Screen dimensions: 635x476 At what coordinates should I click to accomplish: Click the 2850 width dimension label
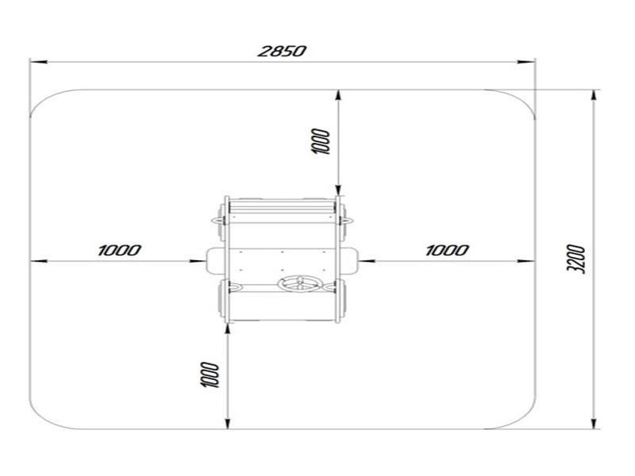283,52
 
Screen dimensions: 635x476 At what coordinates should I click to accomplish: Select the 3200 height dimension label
576,259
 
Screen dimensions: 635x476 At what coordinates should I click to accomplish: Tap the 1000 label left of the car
120,250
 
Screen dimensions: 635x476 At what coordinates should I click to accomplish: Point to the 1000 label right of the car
447,250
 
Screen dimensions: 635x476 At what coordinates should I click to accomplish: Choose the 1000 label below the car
210,374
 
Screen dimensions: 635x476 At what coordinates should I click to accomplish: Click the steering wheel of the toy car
298,285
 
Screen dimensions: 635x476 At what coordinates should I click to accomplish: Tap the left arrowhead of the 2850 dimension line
39,62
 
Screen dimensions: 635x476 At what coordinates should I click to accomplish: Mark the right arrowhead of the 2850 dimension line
526,62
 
